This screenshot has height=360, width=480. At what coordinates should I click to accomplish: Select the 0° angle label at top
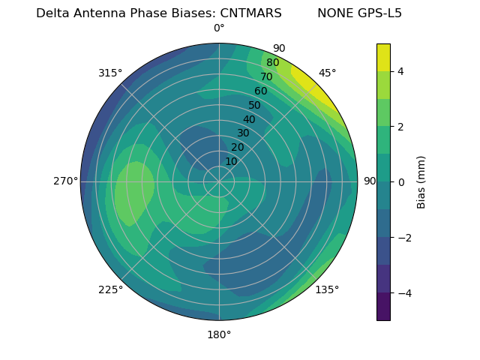pyautogui.click(x=219, y=28)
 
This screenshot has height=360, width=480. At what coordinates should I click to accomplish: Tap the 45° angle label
pyautogui.click(x=327, y=73)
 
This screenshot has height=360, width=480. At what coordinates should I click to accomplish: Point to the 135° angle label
pyautogui.click(x=327, y=289)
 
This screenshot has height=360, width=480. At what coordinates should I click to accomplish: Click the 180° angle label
pyautogui.click(x=219, y=334)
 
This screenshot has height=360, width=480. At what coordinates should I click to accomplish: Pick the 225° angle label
pyautogui.click(x=110, y=289)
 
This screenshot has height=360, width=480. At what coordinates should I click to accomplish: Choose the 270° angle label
pyautogui.click(x=65, y=181)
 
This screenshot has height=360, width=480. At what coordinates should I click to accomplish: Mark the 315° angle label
pyautogui.click(x=110, y=73)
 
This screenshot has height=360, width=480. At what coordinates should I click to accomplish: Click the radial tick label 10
pyautogui.click(x=231, y=161)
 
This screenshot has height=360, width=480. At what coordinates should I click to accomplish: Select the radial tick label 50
pyautogui.click(x=255, y=105)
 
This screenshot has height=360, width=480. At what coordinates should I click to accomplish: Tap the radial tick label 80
pyautogui.click(x=272, y=63)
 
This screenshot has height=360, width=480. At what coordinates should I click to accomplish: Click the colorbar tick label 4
pyautogui.click(x=401, y=71)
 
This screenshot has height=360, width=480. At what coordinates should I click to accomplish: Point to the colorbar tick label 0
pyautogui.click(x=401, y=181)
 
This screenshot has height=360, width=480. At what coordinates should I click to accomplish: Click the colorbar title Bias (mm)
pyautogui.click(x=421, y=181)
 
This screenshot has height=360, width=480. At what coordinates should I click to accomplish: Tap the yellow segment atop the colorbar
pyautogui.click(x=383, y=57)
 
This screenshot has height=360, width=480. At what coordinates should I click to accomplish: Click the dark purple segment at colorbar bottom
pyautogui.click(x=383, y=307)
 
